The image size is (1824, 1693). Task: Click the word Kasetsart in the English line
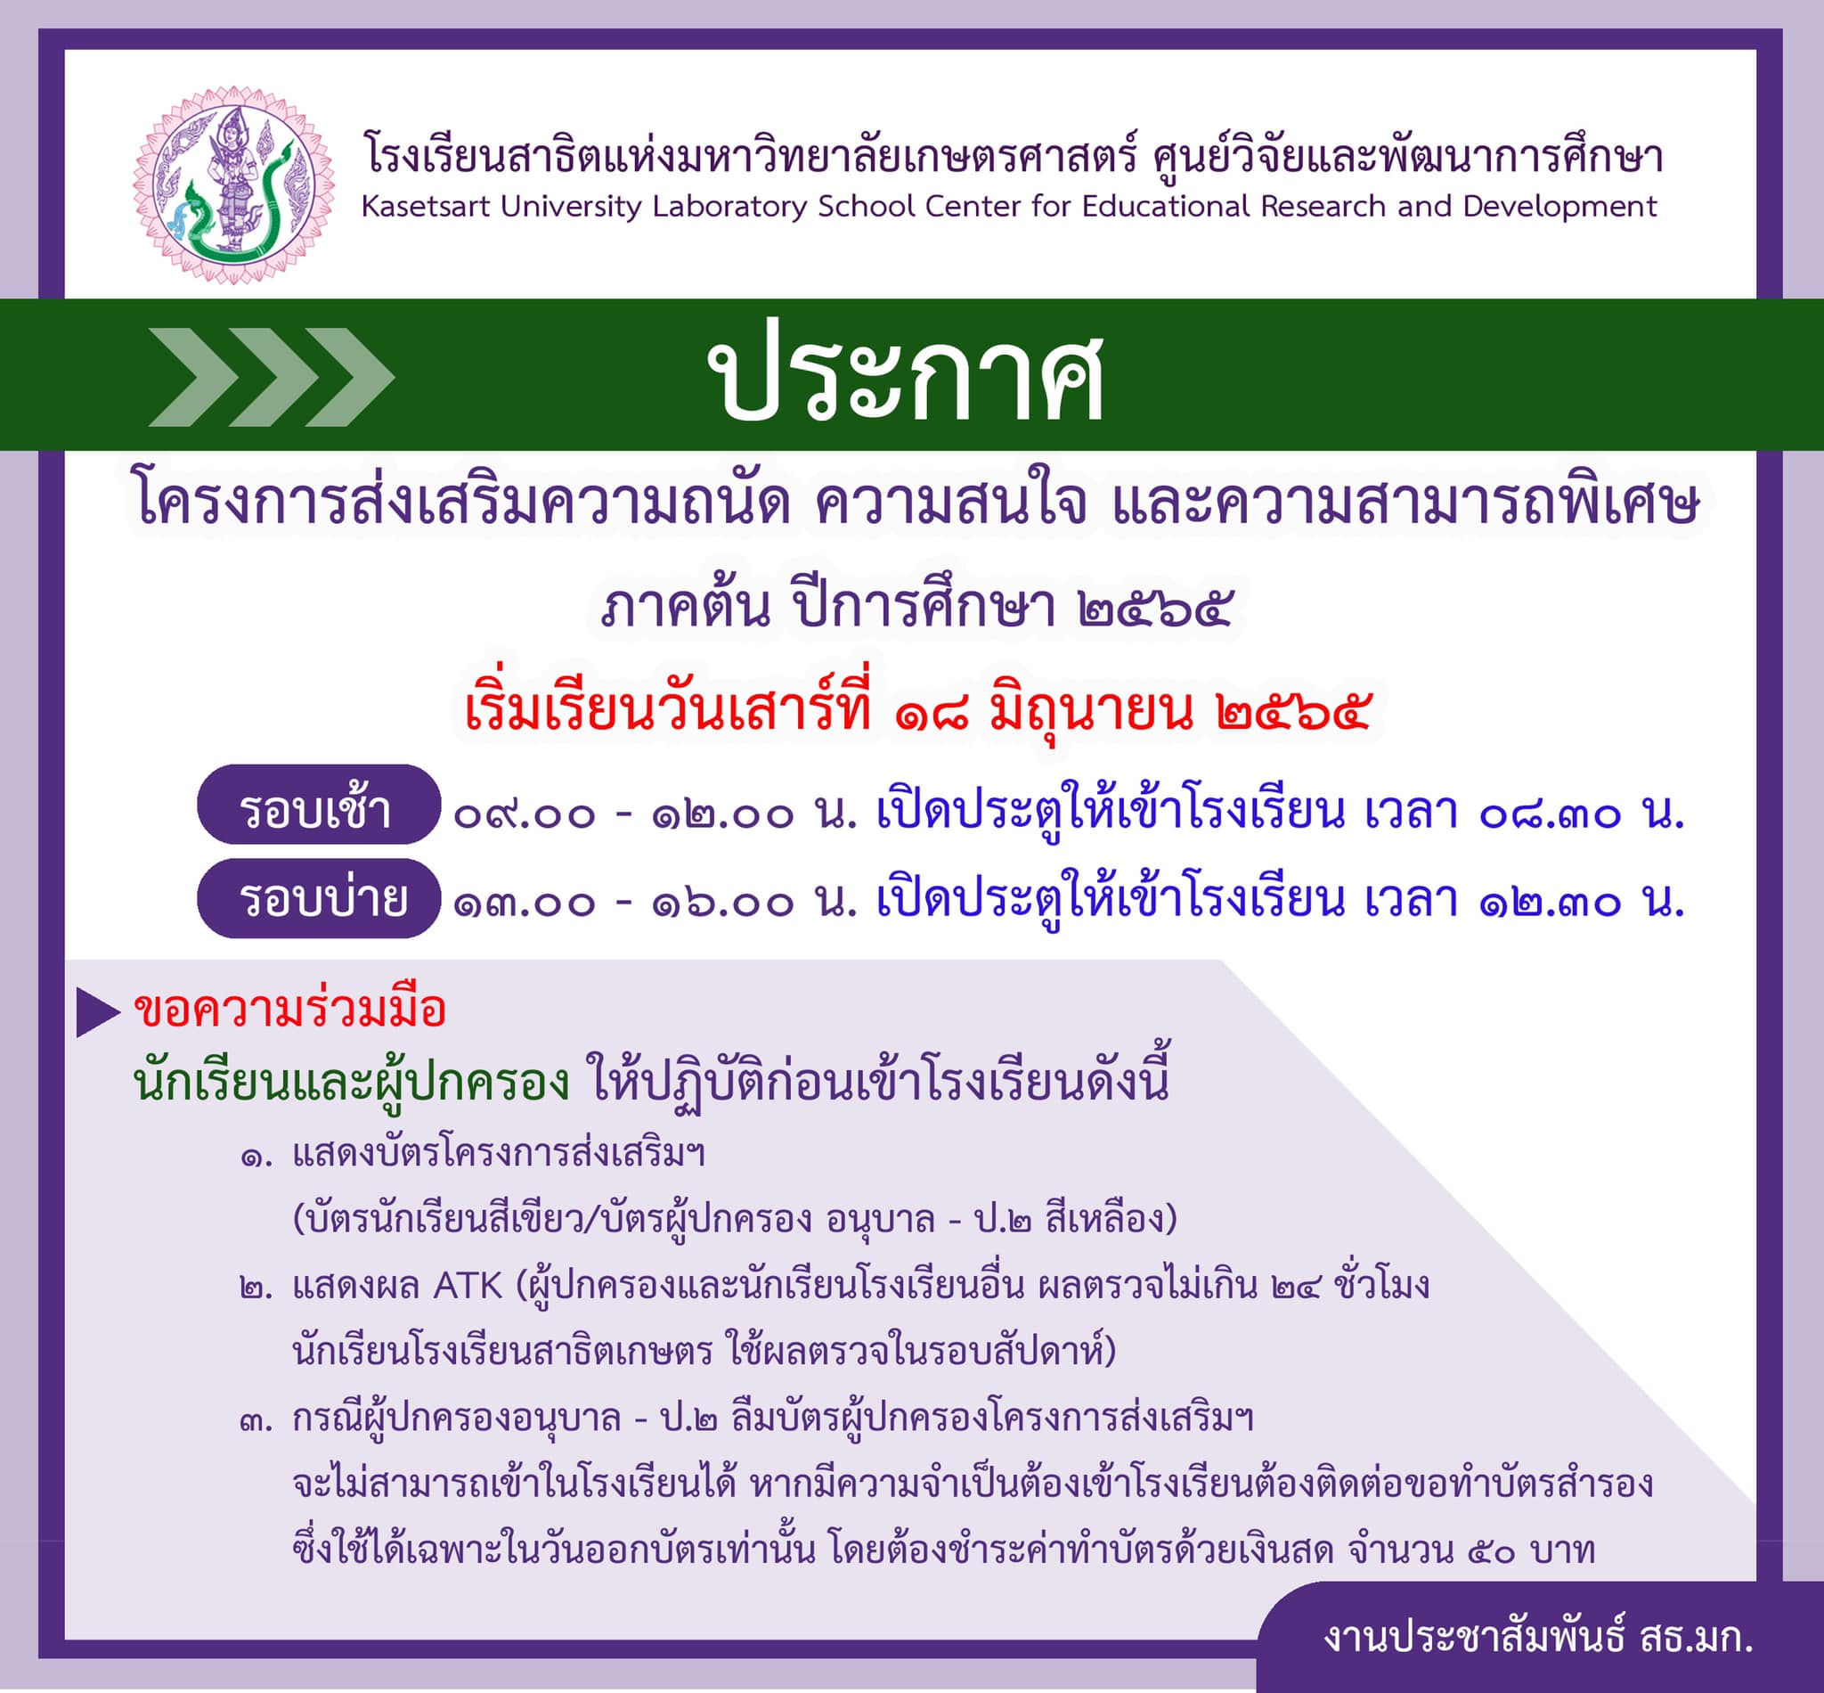(427, 206)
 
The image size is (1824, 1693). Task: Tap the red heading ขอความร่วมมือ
(290, 1010)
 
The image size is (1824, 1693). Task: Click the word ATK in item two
(468, 1288)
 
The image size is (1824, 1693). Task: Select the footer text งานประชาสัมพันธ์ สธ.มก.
(1537, 1637)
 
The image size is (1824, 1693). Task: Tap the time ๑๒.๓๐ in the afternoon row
(1550, 904)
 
